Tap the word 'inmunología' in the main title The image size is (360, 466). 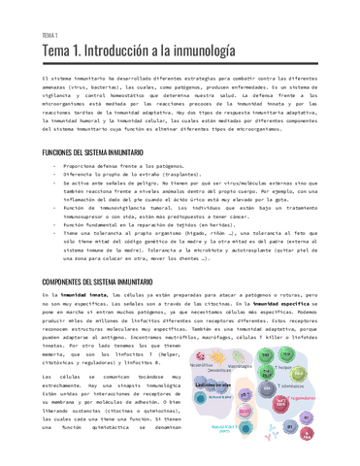[x=200, y=50]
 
